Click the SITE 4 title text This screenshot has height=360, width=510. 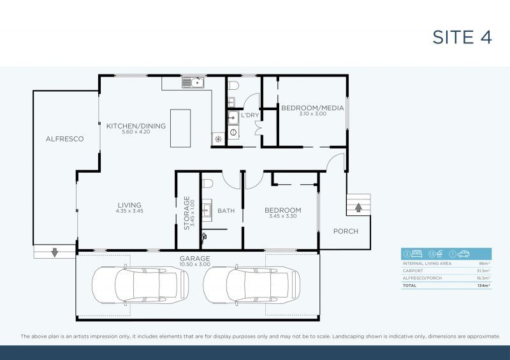462,37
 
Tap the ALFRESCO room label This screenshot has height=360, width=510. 64,138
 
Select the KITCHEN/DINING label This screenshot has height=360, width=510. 136,126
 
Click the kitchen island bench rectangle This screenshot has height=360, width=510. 180,128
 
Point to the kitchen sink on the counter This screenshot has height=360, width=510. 192,82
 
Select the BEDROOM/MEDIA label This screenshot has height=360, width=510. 303,108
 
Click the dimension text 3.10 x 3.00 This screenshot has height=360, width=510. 303,114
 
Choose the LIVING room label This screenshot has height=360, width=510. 129,205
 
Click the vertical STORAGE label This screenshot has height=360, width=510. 187,212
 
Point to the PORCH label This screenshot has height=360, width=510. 346,231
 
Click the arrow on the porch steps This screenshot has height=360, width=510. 358,207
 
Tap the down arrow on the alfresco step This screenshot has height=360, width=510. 54,252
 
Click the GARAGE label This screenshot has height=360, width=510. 194,258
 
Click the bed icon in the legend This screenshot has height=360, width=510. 418,254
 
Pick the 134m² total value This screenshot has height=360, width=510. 483,286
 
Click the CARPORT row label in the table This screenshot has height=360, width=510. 413,270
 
